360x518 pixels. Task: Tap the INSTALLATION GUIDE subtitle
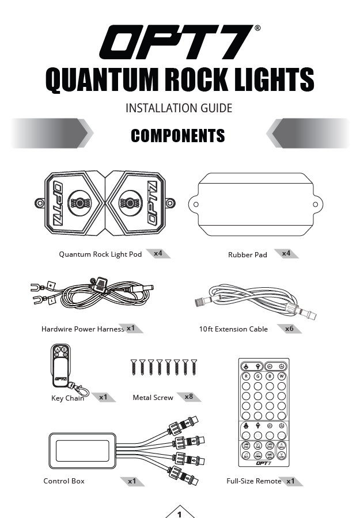(179, 108)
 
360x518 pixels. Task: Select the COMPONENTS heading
(177, 136)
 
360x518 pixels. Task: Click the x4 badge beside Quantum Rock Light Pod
(158, 253)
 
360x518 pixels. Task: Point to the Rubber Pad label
(248, 255)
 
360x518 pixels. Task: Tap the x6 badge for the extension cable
(290, 329)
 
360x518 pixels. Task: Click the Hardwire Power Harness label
(83, 330)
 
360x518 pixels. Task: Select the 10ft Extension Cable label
(233, 330)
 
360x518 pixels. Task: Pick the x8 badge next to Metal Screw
(189, 397)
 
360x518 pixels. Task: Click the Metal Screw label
(153, 398)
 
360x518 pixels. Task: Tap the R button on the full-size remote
(246, 376)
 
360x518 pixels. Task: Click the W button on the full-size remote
(282, 376)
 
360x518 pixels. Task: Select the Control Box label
(64, 481)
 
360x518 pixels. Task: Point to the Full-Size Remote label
(254, 481)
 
